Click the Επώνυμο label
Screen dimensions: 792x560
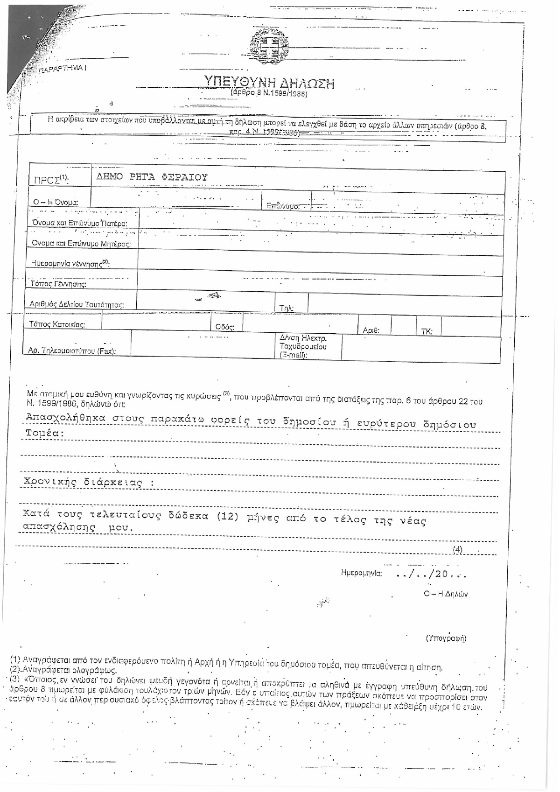click(x=283, y=206)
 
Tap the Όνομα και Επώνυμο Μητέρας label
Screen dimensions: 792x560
click(x=80, y=243)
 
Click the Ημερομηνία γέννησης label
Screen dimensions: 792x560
click(x=70, y=264)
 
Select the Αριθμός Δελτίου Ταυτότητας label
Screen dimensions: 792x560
click(x=76, y=305)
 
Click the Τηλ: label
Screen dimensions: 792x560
click(x=286, y=308)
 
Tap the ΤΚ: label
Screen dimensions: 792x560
click(x=427, y=331)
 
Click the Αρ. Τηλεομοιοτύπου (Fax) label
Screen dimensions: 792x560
click(x=72, y=351)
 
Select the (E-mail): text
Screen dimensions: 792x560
click(x=293, y=355)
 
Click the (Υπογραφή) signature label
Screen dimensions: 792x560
click(x=446, y=638)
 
